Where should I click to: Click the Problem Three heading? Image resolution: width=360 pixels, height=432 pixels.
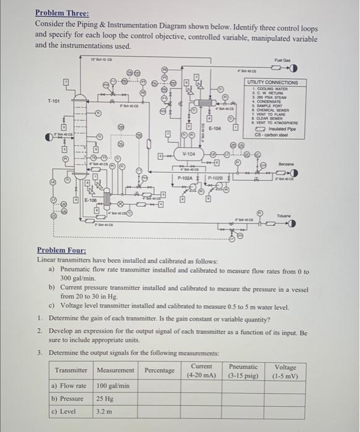click(x=62, y=12)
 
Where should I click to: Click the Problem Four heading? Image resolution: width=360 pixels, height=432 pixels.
click(x=61, y=250)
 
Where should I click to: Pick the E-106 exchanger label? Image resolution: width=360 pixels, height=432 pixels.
click(x=90, y=201)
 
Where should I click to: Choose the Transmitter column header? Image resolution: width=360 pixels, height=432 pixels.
click(x=72, y=370)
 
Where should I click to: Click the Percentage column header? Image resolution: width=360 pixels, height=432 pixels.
click(x=159, y=370)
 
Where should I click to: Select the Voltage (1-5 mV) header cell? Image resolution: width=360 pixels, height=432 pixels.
click(x=285, y=370)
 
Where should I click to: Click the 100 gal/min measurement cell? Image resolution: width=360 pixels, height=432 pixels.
click(x=113, y=386)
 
